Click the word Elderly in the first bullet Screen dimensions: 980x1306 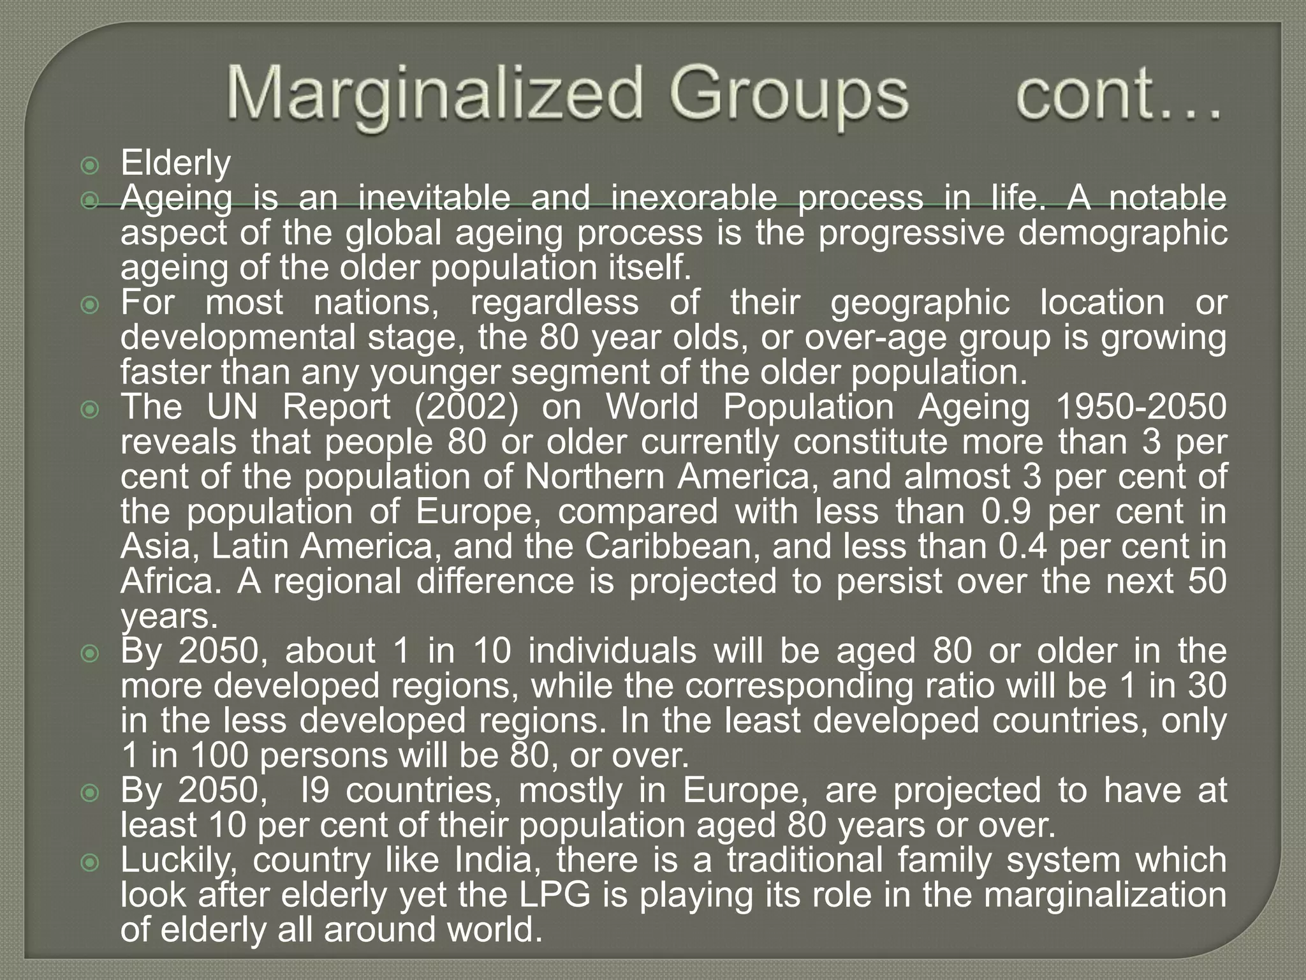tap(175, 164)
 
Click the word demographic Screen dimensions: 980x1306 tap(1122, 234)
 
